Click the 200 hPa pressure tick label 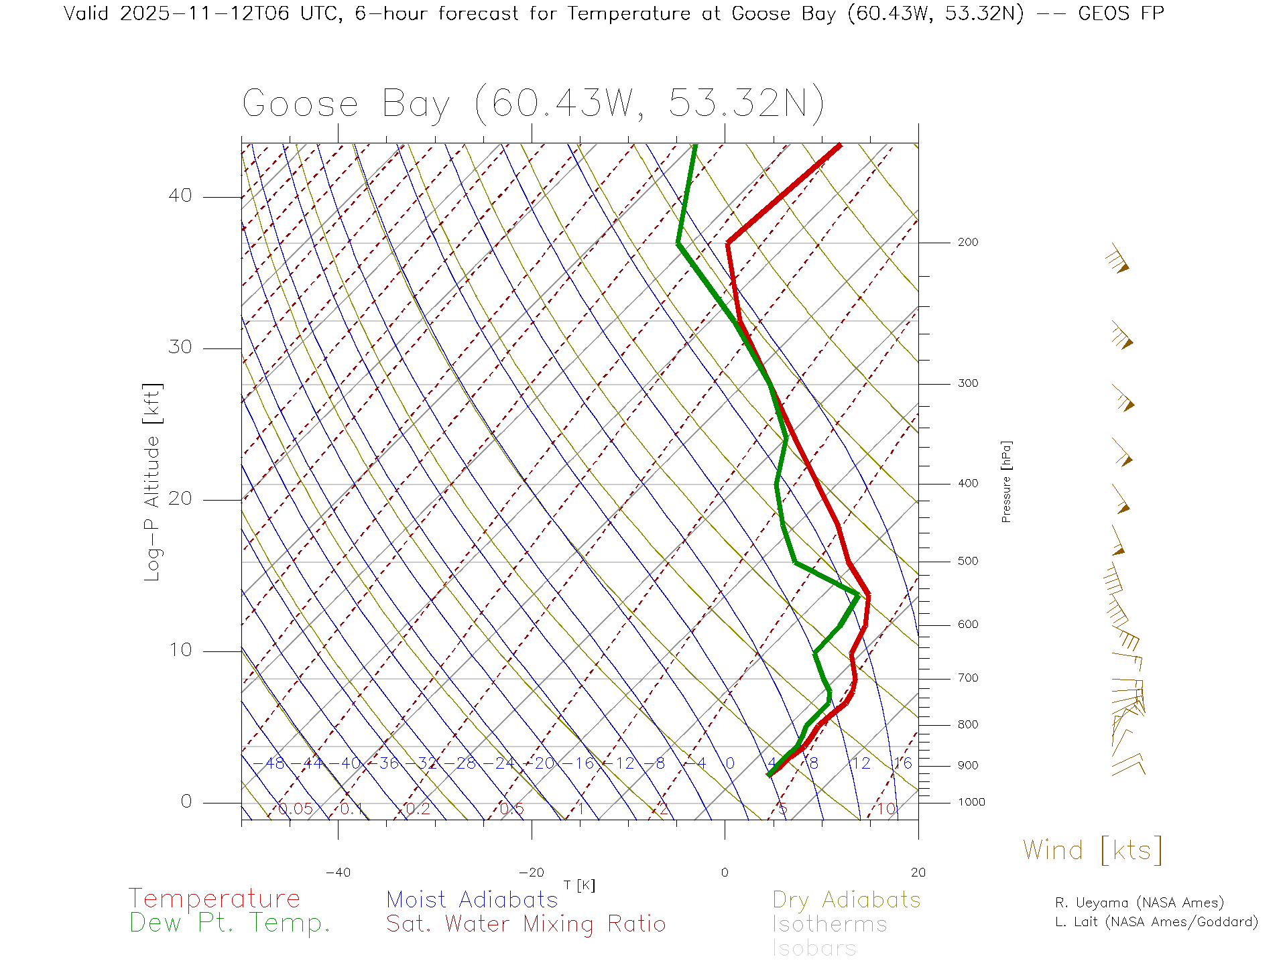point(967,243)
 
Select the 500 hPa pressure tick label point(967,562)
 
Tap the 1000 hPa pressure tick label point(971,802)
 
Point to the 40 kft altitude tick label point(180,196)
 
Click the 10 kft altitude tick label point(180,650)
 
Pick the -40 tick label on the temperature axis point(338,873)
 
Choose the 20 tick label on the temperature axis point(918,873)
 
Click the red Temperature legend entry point(214,899)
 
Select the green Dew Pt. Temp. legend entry point(230,923)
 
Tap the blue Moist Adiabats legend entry point(473,900)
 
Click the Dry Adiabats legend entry point(847,900)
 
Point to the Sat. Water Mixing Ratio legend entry point(526,924)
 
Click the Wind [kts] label point(1093,850)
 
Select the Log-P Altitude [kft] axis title point(153,482)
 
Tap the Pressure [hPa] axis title point(1006,481)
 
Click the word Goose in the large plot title point(300,105)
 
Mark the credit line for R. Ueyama point(1140,903)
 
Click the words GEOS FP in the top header point(1121,13)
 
